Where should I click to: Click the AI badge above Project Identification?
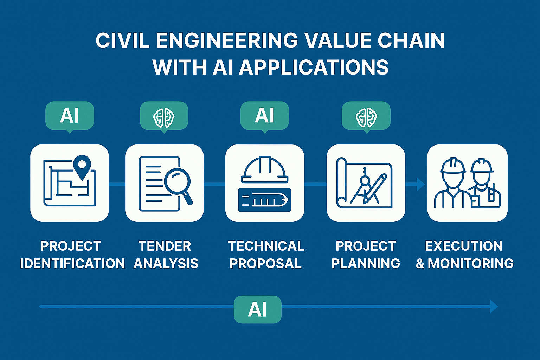(70, 116)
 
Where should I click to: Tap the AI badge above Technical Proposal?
(264, 116)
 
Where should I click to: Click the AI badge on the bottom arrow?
(257, 310)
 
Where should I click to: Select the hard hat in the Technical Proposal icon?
(265, 170)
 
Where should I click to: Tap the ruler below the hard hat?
(265, 200)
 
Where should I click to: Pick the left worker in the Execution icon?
(452, 185)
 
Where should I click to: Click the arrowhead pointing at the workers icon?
(420, 184)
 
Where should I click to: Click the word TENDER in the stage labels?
(165, 246)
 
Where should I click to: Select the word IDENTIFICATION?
(72, 264)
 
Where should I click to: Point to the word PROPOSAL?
(265, 264)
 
